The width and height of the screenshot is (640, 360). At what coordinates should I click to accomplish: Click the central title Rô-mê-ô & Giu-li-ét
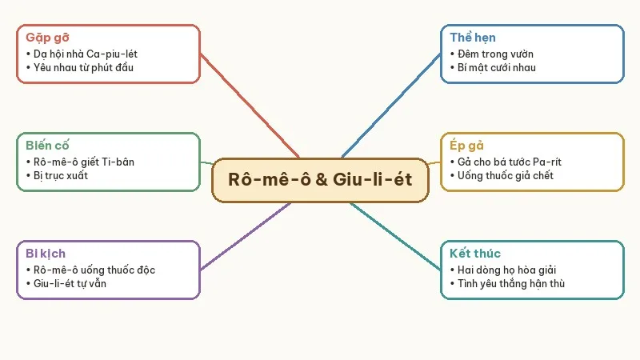(x=320, y=179)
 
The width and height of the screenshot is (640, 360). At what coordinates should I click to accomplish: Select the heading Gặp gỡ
(x=47, y=38)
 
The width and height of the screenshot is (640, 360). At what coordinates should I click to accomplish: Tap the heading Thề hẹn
(x=473, y=38)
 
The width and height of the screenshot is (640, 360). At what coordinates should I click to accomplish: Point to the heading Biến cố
(x=47, y=146)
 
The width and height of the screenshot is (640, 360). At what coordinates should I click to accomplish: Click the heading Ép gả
(x=466, y=146)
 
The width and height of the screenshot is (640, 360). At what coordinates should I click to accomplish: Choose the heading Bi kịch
(x=46, y=254)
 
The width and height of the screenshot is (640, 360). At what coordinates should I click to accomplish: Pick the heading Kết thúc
(x=475, y=254)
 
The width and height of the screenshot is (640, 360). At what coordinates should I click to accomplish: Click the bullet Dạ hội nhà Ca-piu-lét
(x=86, y=54)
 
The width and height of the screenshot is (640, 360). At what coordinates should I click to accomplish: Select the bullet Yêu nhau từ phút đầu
(x=83, y=68)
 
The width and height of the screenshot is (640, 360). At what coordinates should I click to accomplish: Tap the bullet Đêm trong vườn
(x=495, y=54)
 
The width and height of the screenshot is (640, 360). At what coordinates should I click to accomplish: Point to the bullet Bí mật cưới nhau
(x=496, y=68)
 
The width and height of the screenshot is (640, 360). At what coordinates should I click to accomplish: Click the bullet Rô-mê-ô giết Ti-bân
(x=84, y=162)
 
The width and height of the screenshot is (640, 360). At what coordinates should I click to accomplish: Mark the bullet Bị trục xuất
(x=61, y=176)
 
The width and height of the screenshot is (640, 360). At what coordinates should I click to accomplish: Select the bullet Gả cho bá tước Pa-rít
(x=510, y=162)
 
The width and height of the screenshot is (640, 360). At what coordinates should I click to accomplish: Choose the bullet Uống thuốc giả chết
(x=506, y=176)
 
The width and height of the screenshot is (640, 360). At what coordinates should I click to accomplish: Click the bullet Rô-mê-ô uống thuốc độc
(x=94, y=270)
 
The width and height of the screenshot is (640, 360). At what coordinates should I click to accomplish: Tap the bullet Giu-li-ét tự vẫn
(x=70, y=284)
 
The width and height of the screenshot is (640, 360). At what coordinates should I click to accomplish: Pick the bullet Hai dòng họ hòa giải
(x=506, y=270)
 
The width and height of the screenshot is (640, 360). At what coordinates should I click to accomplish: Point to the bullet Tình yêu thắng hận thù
(x=511, y=284)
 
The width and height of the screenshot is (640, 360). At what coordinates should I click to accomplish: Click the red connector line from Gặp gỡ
(x=250, y=106)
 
